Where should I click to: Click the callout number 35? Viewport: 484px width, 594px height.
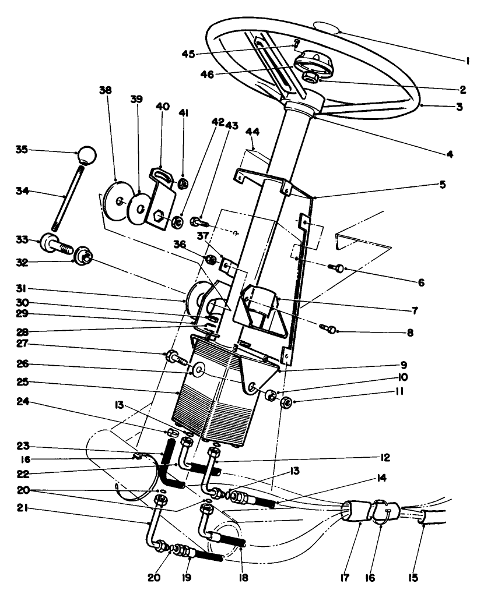tap(22, 150)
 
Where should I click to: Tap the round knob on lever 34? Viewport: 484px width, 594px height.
tap(87, 155)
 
